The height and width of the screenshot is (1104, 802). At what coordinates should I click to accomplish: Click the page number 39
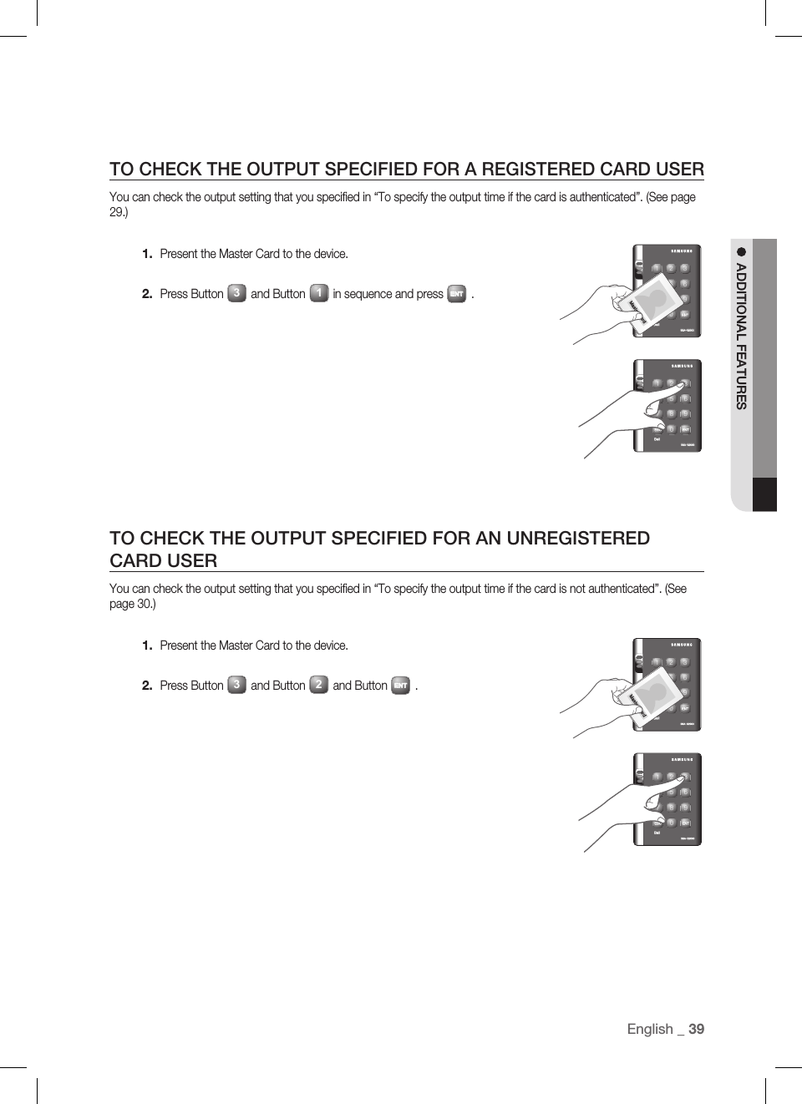(696, 1029)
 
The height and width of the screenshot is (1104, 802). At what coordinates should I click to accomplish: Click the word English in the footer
(650, 1029)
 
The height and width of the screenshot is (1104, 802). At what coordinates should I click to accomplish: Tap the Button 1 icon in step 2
(318, 293)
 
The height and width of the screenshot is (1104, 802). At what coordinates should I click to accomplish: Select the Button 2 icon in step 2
(318, 685)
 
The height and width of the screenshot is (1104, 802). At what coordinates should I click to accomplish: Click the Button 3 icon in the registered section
(236, 293)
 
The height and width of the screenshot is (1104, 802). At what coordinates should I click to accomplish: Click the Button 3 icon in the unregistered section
(236, 685)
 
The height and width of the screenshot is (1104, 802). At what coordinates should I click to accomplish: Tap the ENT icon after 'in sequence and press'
(456, 294)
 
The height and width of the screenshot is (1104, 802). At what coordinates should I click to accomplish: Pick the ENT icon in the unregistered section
(400, 686)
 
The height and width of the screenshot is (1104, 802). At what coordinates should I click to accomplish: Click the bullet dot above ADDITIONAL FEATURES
(740, 251)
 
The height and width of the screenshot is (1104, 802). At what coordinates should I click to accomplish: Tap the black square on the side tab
(764, 494)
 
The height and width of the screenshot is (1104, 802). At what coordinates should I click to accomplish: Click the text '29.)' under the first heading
(119, 212)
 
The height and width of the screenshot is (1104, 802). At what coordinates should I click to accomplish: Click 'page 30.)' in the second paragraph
(132, 604)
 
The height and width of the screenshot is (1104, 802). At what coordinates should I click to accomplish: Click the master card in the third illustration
(650, 693)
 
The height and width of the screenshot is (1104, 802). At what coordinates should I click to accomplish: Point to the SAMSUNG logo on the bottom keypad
(682, 759)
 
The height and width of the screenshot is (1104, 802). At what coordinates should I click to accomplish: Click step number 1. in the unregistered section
(147, 646)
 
